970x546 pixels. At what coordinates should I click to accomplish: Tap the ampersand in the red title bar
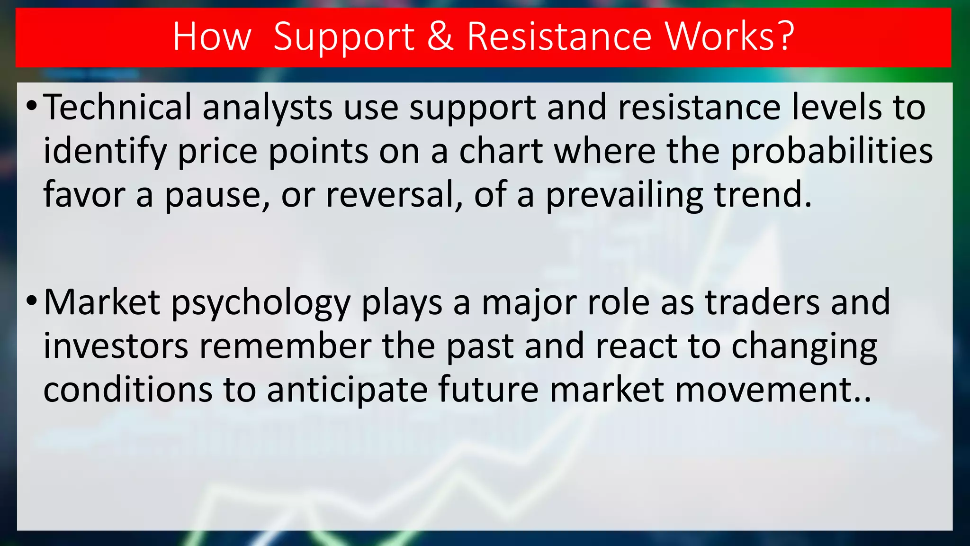coord(440,37)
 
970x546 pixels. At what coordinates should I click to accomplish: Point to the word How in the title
coord(211,37)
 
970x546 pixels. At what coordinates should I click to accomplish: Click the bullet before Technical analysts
coord(31,105)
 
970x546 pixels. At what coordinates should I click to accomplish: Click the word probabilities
coord(831,152)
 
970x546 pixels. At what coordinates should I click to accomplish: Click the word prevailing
coord(624,195)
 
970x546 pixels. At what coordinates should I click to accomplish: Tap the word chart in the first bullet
coord(501,152)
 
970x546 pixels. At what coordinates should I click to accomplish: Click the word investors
coord(116,346)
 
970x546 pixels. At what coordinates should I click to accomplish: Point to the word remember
coord(285,346)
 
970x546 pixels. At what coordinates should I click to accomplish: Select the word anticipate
coord(347,390)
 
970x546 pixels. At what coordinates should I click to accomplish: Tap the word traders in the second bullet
coord(762,302)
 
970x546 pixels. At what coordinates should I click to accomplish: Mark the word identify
coord(105,152)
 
